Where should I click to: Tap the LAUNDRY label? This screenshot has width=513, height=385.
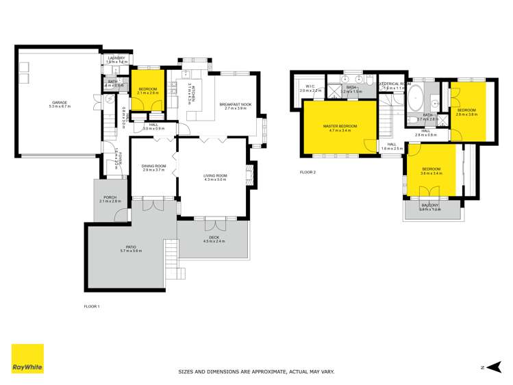(x=116, y=58)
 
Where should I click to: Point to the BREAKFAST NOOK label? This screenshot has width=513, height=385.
(x=236, y=104)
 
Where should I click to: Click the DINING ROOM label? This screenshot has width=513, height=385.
(x=154, y=166)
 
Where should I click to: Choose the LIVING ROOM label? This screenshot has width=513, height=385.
(x=214, y=176)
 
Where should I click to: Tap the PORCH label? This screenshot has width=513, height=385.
(x=110, y=197)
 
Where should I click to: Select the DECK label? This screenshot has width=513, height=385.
(x=214, y=237)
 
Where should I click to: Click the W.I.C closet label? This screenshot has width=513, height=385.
(x=311, y=87)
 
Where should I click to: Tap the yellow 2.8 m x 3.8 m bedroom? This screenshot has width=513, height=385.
(x=466, y=110)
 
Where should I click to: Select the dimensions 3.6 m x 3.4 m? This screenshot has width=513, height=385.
(x=431, y=173)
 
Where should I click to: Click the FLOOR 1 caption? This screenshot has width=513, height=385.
(x=92, y=306)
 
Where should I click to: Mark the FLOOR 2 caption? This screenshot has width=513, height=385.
(x=308, y=172)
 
